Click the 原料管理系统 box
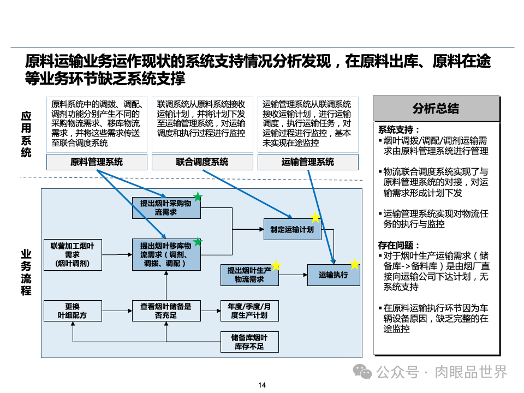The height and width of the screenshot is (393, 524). (97, 162)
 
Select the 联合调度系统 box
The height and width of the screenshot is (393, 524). (202, 162)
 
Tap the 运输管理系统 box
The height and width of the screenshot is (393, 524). (308, 162)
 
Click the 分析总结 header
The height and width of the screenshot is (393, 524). (436, 108)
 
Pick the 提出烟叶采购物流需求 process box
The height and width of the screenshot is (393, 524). (166, 207)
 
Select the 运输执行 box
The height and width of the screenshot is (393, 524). (334, 275)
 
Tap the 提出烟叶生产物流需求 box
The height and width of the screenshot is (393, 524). (249, 275)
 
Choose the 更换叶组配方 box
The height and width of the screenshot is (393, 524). (72, 311)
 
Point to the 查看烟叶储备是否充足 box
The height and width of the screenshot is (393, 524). (166, 311)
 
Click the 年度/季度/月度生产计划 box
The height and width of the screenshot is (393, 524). (249, 311)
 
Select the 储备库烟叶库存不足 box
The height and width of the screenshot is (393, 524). (249, 342)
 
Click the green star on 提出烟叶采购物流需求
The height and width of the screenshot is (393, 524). (198, 197)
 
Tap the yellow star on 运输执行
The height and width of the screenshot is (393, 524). (355, 265)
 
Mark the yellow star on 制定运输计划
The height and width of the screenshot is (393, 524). (315, 218)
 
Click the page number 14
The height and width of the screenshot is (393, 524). (262, 385)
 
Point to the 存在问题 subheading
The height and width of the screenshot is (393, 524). (400, 245)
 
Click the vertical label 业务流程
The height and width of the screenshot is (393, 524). (26, 272)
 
